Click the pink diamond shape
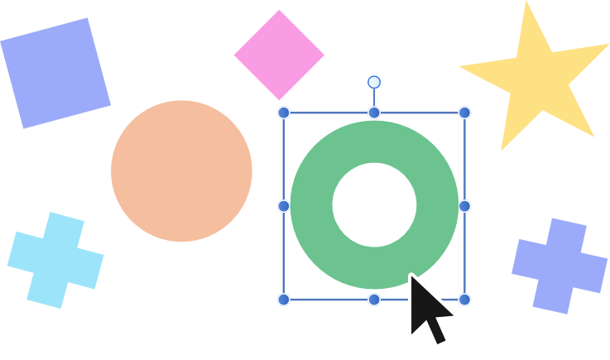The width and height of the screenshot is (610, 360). (279, 55)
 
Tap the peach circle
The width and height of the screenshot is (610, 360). (181, 171)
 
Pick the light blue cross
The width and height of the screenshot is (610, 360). (55, 261)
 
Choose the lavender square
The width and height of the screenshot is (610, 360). (55, 73)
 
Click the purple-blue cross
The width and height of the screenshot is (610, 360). (560, 266)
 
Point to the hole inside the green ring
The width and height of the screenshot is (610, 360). (374, 204)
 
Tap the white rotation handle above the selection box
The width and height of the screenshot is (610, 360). (374, 82)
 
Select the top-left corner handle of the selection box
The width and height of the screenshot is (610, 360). (284, 113)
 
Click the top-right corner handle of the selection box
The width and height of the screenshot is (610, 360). (464, 113)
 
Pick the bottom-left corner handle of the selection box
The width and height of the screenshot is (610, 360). (284, 299)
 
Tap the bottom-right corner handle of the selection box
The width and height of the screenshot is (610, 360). (464, 299)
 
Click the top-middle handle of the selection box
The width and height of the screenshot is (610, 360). (374, 113)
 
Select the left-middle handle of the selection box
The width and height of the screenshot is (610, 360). (284, 205)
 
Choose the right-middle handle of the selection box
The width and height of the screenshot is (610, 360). (464, 205)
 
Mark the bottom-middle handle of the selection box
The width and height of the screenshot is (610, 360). (374, 299)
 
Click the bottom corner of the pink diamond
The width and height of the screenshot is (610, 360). (278, 98)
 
